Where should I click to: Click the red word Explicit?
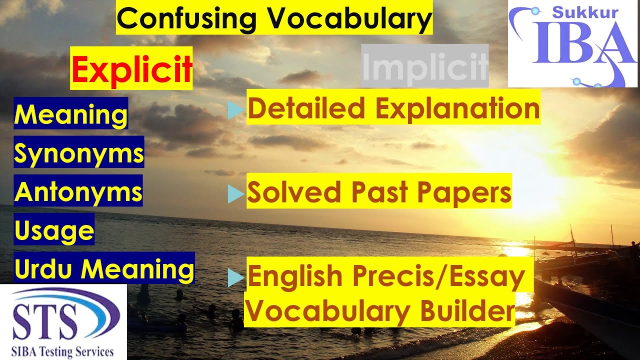[x=131, y=70]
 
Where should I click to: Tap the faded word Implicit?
[x=424, y=66]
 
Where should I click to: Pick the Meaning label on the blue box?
[x=71, y=114]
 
